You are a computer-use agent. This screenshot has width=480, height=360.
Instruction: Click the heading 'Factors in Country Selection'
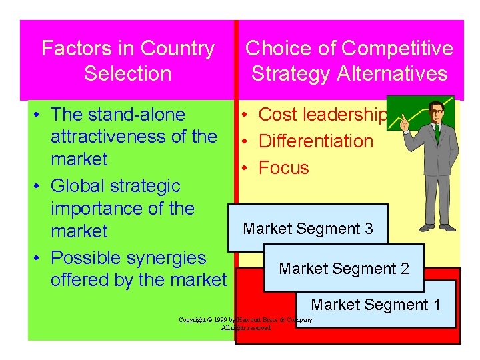click(x=127, y=61)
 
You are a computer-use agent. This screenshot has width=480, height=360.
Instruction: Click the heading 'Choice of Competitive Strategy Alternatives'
click(x=349, y=61)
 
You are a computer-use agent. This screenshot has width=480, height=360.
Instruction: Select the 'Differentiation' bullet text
click(x=315, y=141)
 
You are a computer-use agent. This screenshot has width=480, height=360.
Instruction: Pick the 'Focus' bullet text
click(x=283, y=168)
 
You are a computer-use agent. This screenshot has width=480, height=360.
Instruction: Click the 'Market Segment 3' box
click(x=307, y=229)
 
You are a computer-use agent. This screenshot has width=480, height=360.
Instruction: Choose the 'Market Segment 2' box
click(x=343, y=269)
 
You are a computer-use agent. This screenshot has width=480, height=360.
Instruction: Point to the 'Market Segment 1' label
click(x=375, y=305)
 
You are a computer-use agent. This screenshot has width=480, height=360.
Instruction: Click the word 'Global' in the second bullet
click(x=79, y=186)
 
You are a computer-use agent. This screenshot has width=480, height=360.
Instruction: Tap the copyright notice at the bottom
click(x=245, y=324)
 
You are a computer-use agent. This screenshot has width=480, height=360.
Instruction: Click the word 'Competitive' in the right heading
click(x=396, y=49)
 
